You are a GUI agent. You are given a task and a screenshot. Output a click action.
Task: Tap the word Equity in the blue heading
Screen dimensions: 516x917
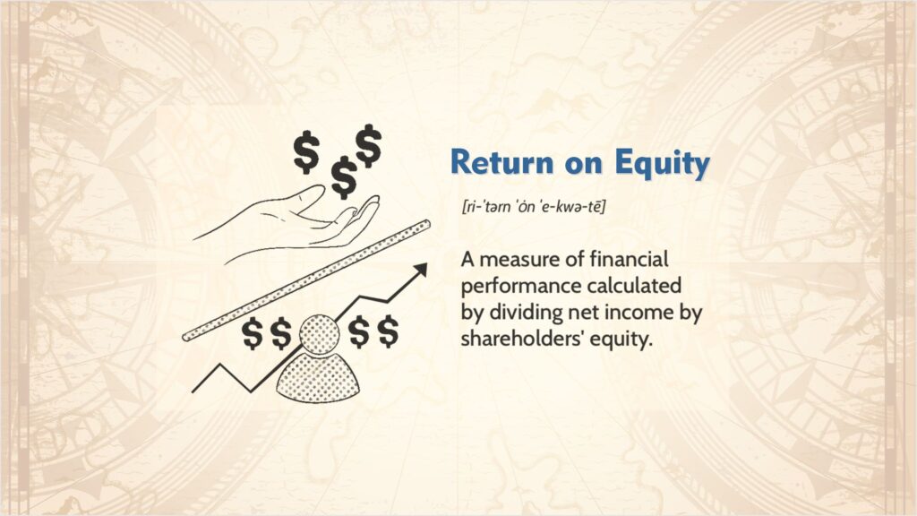point(663,163)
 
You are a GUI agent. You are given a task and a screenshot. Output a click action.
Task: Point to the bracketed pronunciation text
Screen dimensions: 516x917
point(534,208)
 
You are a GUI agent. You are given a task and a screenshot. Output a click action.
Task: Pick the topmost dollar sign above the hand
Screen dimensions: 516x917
point(368,145)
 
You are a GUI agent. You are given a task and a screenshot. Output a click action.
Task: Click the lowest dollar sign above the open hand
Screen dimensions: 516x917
point(343,177)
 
